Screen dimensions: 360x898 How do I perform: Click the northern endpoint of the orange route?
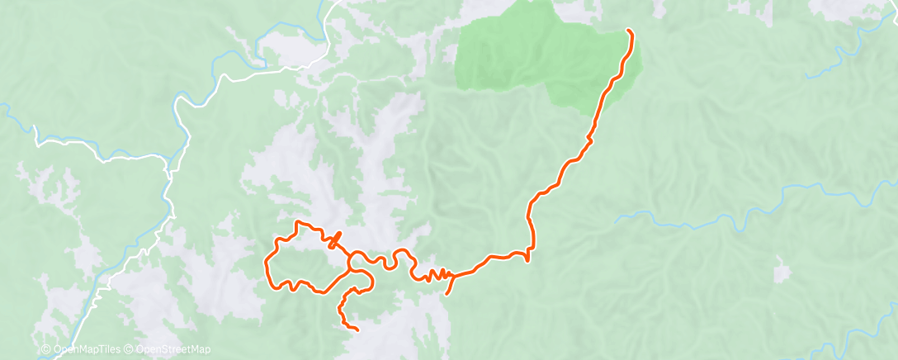(629, 31)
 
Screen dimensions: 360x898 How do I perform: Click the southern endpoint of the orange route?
(357, 329)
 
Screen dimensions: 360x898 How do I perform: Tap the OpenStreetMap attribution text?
(173, 350)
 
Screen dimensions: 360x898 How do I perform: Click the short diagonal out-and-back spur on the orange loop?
(335, 240)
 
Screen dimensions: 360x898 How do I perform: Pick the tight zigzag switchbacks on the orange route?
(437, 273)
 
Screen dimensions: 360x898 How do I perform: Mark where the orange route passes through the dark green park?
(615, 78)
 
